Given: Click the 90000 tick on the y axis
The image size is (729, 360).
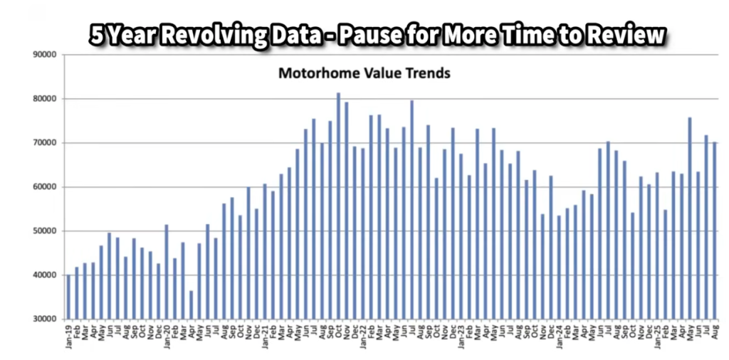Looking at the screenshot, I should (45, 54).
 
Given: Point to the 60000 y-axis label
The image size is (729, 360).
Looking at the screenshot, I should (45, 187).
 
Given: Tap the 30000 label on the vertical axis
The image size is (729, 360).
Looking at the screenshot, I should (45, 319).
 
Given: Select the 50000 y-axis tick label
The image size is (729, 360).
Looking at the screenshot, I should (45, 231).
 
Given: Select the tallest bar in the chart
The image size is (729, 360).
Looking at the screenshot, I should (338, 206).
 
